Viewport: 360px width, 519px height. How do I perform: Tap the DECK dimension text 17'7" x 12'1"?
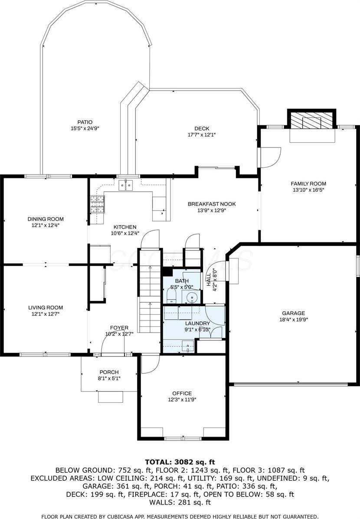pos(202,135)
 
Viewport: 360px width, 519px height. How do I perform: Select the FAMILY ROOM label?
pos(308,183)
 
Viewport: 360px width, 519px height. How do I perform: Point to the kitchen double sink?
pos(126,185)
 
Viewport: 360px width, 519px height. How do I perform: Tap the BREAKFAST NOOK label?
pos(212,204)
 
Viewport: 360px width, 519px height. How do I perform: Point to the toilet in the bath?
pos(171,296)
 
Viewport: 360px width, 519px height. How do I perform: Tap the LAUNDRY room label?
pos(197,323)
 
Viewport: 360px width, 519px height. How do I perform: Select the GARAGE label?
pos(293,313)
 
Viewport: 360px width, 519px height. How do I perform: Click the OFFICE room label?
pos(182,394)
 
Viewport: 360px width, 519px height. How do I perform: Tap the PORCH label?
pos(109,372)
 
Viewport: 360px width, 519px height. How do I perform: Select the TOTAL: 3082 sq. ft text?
pos(180,462)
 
